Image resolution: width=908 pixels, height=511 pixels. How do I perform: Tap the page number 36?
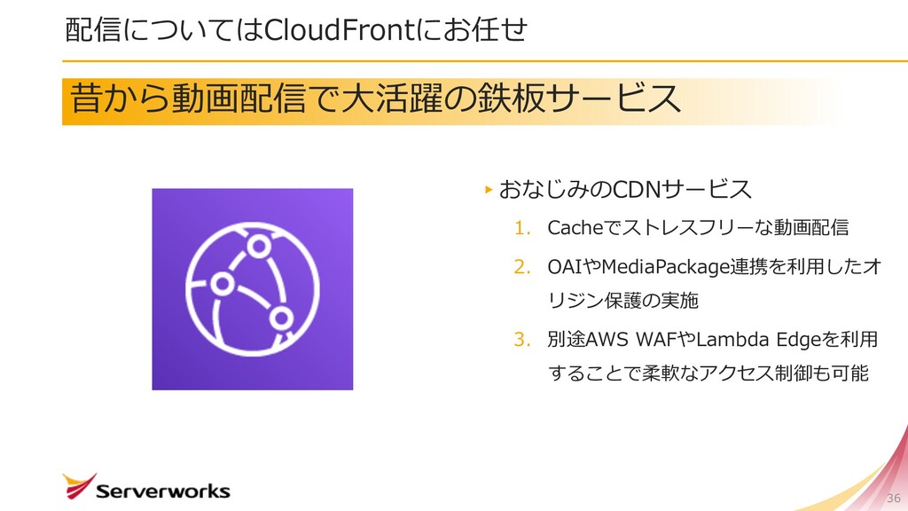[x=893, y=497]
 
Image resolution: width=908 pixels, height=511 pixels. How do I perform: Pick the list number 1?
[x=521, y=229]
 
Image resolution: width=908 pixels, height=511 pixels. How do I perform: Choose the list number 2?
[x=521, y=266]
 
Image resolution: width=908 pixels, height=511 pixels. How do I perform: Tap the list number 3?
[x=521, y=339]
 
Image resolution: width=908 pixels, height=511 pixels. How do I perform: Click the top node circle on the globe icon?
[x=260, y=246]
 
